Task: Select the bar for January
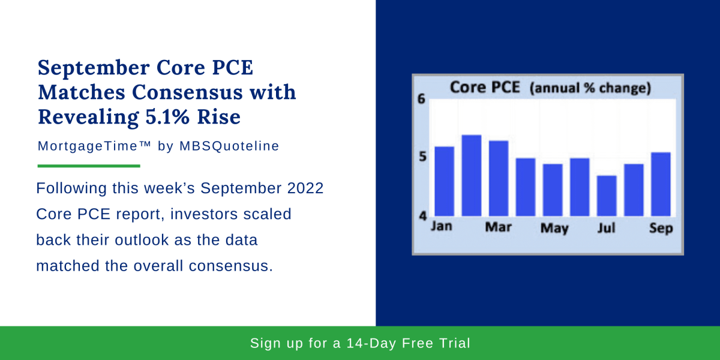click(444, 181)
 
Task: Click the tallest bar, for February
click(471, 175)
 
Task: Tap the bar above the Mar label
click(499, 178)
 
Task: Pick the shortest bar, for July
click(607, 196)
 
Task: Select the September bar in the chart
click(661, 184)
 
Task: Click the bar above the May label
click(553, 190)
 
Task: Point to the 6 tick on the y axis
click(421, 100)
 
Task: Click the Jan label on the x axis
click(443, 227)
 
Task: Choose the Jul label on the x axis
click(606, 228)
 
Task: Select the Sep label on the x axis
click(661, 229)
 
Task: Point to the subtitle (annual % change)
click(590, 89)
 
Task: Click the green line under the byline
click(89, 166)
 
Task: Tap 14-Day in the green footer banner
click(376, 344)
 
